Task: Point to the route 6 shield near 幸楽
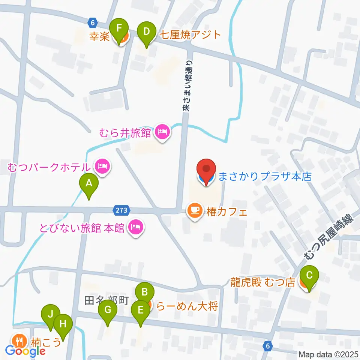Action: [x=93, y=22]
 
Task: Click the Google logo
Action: [x=25, y=351]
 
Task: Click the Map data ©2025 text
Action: [x=328, y=354]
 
